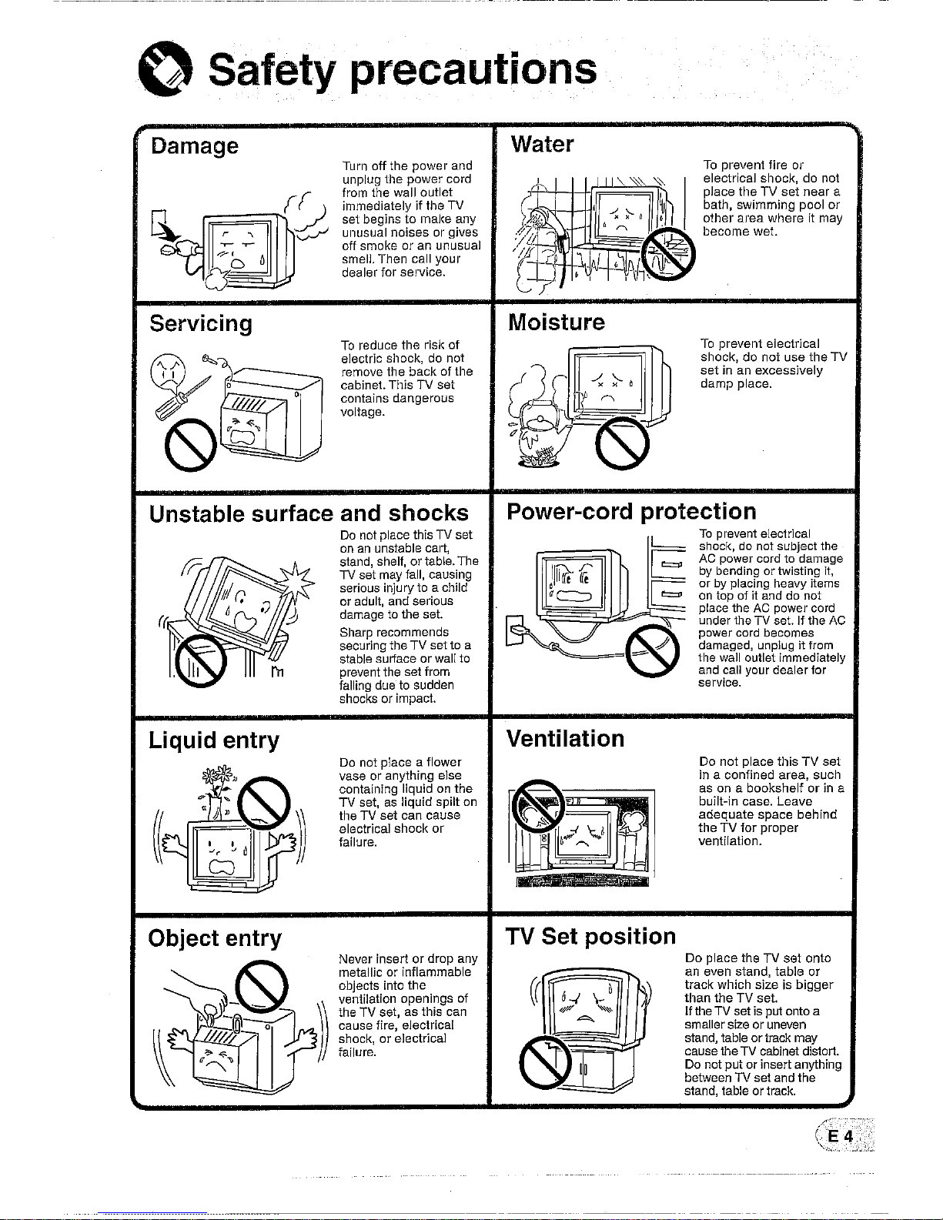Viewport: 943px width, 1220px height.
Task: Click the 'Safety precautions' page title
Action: point(401,71)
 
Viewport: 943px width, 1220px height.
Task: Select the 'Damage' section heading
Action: point(194,145)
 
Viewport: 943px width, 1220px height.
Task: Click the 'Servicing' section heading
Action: point(201,323)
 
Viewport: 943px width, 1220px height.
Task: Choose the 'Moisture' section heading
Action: point(557,321)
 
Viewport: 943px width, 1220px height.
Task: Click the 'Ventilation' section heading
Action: point(565,739)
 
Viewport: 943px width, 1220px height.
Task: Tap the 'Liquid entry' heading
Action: point(214,740)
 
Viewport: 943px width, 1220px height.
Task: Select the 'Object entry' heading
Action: point(216,938)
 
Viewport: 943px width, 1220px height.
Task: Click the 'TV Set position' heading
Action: point(590,937)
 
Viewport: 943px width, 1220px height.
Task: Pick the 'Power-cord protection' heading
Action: point(631,511)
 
